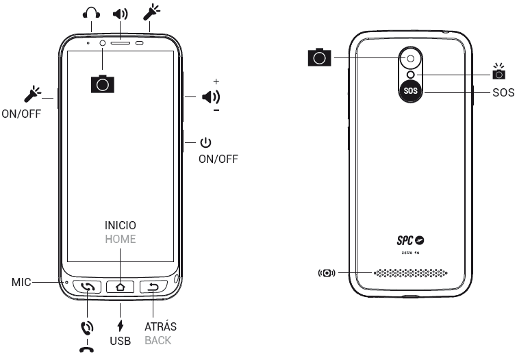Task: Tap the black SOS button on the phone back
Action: point(409,91)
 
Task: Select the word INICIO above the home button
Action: point(121,225)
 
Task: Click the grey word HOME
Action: point(121,240)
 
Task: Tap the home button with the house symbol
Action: point(121,287)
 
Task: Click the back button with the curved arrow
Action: point(153,287)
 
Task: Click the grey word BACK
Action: point(158,339)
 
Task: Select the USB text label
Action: point(121,339)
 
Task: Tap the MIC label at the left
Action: point(23,281)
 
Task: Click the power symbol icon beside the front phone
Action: point(205,142)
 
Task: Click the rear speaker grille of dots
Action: point(409,274)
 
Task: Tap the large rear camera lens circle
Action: point(409,58)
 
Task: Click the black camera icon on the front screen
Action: point(103,83)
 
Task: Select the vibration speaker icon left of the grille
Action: point(327,274)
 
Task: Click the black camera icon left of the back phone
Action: point(319,57)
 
